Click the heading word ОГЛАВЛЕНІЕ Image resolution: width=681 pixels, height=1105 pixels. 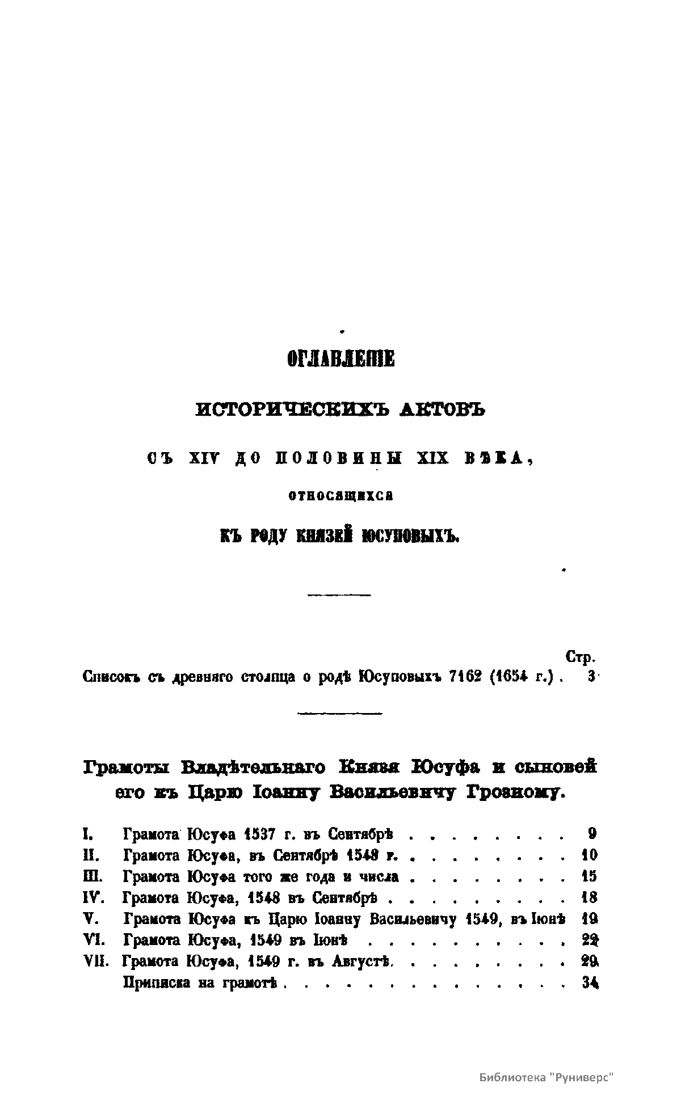click(340, 360)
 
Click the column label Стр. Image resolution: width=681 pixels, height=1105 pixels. click(580, 658)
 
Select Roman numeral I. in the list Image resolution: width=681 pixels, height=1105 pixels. click(88, 834)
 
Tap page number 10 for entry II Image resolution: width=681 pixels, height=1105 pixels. click(589, 855)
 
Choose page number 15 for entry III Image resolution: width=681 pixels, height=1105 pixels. click(589, 876)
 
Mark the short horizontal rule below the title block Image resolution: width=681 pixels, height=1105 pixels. click(338, 594)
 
